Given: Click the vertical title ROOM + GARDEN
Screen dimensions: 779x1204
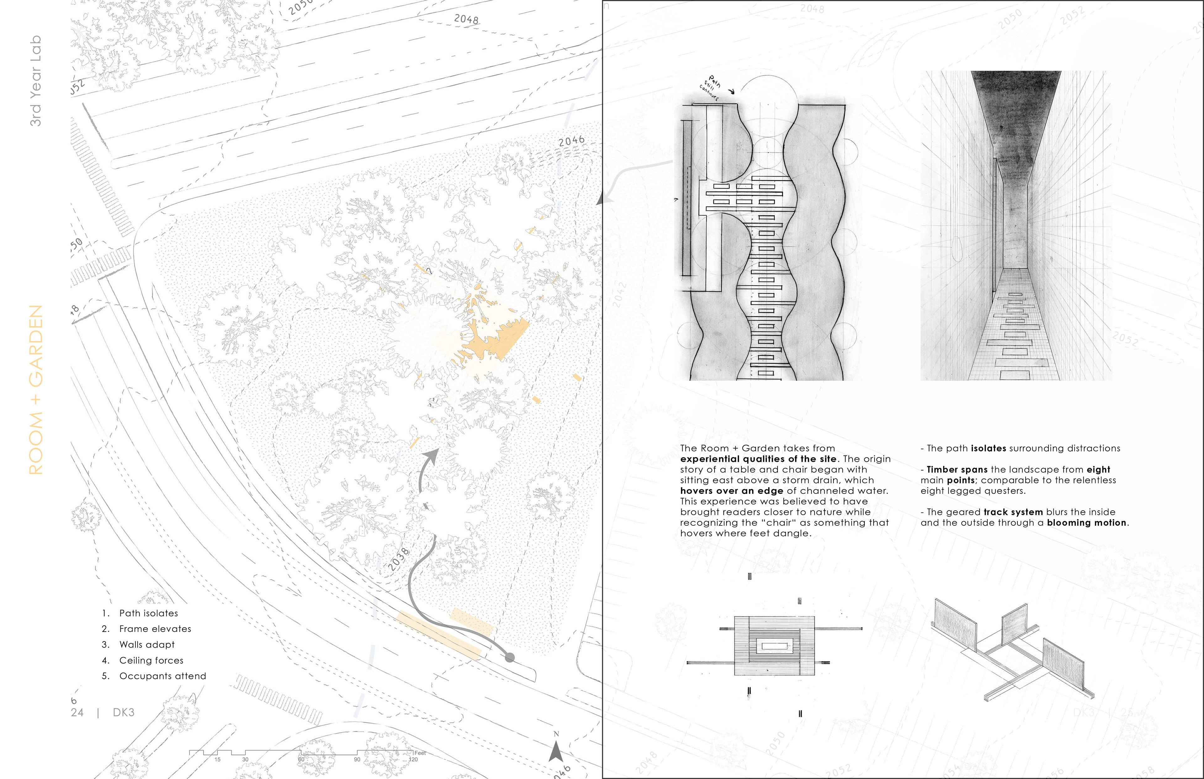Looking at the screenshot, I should pos(35,389).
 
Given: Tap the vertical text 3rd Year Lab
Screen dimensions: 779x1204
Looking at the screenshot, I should pos(35,81).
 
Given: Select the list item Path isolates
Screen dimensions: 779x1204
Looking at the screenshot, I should pos(149,613).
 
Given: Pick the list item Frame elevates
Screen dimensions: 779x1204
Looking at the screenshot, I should pos(155,629).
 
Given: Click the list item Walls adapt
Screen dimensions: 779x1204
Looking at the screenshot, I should pos(147,645).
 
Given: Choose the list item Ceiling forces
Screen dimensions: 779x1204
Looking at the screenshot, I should pos(151,660).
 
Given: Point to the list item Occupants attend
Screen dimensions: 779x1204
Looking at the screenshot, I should pos(162,676).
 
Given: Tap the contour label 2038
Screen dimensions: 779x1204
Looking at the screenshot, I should pos(399,559).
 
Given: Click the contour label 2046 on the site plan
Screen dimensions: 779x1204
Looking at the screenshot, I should pos(572,141).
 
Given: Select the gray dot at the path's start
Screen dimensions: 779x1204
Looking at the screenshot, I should pos(510,658).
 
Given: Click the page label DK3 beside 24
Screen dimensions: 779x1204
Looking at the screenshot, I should pos(124,712).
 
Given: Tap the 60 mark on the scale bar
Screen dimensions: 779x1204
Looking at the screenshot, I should pos(301,759).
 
